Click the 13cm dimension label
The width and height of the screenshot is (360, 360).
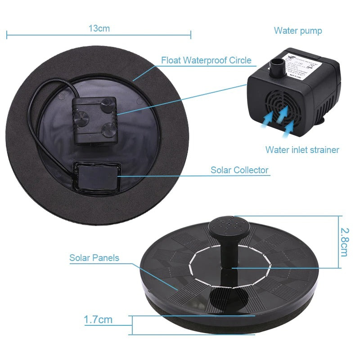coord(99,28)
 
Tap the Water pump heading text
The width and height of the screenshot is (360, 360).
coord(298,31)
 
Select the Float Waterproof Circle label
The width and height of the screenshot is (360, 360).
coord(206,60)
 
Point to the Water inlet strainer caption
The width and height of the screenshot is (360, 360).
coord(302,150)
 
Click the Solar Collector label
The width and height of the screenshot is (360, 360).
coord(239,170)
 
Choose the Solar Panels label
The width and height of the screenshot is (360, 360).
coord(94,258)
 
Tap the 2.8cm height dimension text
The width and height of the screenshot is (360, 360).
coord(344,242)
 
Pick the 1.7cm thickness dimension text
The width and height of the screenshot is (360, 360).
coord(98,320)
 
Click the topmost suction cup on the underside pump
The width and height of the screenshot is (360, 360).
coord(107,106)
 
